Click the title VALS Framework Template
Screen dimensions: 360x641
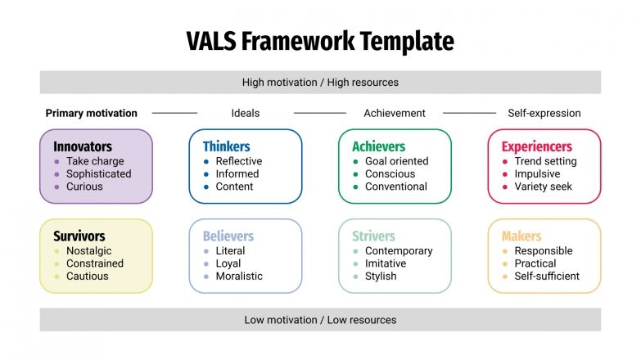[x=320, y=41]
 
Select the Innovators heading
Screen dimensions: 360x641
[x=83, y=146]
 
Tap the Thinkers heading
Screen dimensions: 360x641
[x=227, y=146]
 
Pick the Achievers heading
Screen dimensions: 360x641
[x=378, y=146]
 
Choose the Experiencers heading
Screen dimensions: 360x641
[x=536, y=146]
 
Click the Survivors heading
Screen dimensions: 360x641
[x=79, y=236]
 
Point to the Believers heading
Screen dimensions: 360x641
[x=228, y=236]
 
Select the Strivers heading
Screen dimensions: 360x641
[x=373, y=236]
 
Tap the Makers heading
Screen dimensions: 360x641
[x=521, y=236]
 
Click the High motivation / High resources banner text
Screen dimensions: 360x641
[x=320, y=83]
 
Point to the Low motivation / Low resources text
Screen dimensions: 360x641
[x=320, y=320]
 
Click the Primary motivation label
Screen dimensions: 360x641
[x=92, y=113]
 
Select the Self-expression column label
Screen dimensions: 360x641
[x=544, y=113]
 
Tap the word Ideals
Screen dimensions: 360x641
[x=246, y=113]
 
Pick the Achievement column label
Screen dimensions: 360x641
[x=395, y=113]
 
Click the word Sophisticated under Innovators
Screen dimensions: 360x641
[x=99, y=173]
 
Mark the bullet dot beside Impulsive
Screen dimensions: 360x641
[x=505, y=174]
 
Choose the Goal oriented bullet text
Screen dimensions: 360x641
[x=396, y=161]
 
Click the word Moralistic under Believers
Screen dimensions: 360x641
[x=239, y=276]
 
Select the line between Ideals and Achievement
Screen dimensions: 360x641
[x=320, y=113]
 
